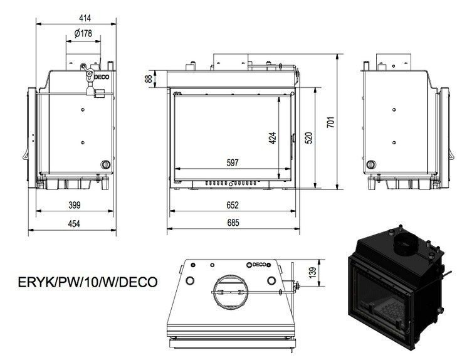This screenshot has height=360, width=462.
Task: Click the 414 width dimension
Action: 85,18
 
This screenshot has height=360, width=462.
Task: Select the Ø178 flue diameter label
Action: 83,33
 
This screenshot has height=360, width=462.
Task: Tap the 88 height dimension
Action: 149,79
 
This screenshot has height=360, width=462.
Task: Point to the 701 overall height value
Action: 331,122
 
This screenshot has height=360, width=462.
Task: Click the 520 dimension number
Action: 308,138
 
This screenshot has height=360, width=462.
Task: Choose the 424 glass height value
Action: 272,138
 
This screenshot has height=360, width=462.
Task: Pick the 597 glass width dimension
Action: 233,162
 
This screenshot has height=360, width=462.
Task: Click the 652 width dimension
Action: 233,205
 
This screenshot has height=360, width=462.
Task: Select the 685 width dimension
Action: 233,223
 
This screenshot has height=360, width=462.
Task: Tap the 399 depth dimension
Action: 74,205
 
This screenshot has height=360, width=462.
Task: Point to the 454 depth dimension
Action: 74,224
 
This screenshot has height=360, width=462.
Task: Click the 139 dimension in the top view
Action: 313,272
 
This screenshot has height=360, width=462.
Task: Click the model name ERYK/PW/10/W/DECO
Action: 88,282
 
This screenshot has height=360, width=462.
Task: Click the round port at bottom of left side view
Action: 105,164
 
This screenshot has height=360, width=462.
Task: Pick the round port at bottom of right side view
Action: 371,164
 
